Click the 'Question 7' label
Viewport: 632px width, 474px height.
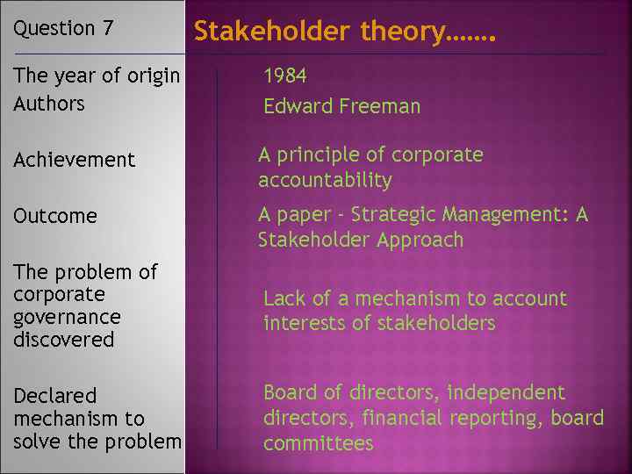(63, 28)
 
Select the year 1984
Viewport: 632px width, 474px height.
(285, 76)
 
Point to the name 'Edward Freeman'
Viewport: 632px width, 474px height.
(342, 107)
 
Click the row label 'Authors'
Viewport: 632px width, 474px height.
(49, 104)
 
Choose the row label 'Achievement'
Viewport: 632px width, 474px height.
(75, 160)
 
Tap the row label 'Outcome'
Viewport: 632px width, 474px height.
(55, 216)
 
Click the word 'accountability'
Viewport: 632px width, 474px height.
(325, 181)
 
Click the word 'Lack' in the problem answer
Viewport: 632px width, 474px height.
(284, 299)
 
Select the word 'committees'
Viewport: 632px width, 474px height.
(319, 444)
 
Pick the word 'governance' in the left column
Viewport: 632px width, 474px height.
(68, 317)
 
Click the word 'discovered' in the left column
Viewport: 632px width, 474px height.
(64, 340)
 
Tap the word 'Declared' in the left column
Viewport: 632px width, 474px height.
(55, 397)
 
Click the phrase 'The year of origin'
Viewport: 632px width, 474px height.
(97, 76)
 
